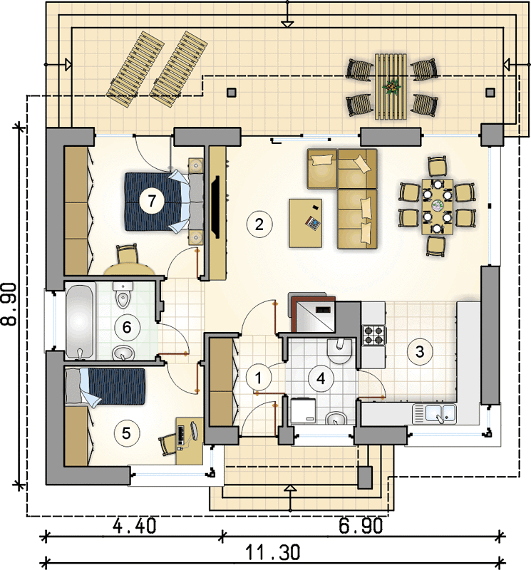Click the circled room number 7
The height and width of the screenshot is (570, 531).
point(152,200)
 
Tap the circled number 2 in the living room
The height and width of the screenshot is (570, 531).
point(259,224)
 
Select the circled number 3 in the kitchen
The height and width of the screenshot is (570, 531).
point(420,351)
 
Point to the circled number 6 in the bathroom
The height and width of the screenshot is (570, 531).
point(127,327)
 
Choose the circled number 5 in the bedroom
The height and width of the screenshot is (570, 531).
point(126,433)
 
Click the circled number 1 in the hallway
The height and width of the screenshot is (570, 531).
point(259,378)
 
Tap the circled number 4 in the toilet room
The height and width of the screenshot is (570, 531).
point(321,378)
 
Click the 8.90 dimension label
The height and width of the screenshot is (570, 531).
point(9,304)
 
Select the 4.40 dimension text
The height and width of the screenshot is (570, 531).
point(135,526)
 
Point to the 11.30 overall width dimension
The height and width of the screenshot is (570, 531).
point(273,552)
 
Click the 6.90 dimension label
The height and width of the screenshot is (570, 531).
point(361,526)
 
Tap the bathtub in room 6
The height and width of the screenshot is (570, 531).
point(81,321)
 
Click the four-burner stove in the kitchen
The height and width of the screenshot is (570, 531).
point(374,335)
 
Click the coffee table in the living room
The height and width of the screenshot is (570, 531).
point(306,223)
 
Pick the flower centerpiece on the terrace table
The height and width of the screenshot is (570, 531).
point(391,87)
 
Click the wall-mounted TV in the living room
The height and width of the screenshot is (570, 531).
point(217,207)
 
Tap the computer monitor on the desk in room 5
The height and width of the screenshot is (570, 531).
point(195,430)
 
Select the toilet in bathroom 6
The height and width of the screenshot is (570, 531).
point(123,295)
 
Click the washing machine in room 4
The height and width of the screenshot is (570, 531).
point(303,411)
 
